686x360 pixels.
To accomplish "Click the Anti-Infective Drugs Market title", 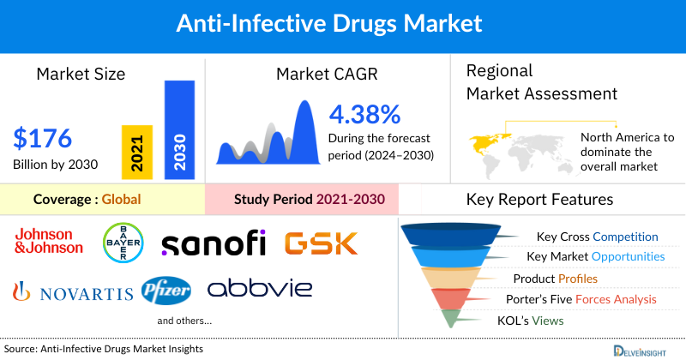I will tap(342, 21).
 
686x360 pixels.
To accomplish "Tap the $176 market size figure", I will tap(43, 137).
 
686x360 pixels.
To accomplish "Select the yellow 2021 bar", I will tap(137, 152).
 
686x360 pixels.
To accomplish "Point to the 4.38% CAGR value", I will tap(364, 114).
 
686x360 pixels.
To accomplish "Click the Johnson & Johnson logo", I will tap(49, 242).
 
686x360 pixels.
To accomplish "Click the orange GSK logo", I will tap(322, 243).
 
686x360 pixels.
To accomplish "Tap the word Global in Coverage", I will tap(121, 200).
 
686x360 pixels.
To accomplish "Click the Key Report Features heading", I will tap(539, 200).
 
